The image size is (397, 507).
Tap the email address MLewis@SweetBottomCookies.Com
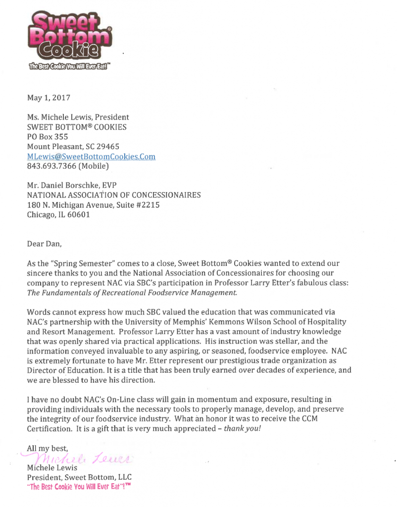click(91, 156)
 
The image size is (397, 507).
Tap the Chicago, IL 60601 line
click(58, 215)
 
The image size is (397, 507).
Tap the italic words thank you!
click(242, 428)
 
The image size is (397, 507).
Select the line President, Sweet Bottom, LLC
click(79, 477)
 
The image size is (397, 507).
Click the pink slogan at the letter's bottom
click(79, 487)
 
